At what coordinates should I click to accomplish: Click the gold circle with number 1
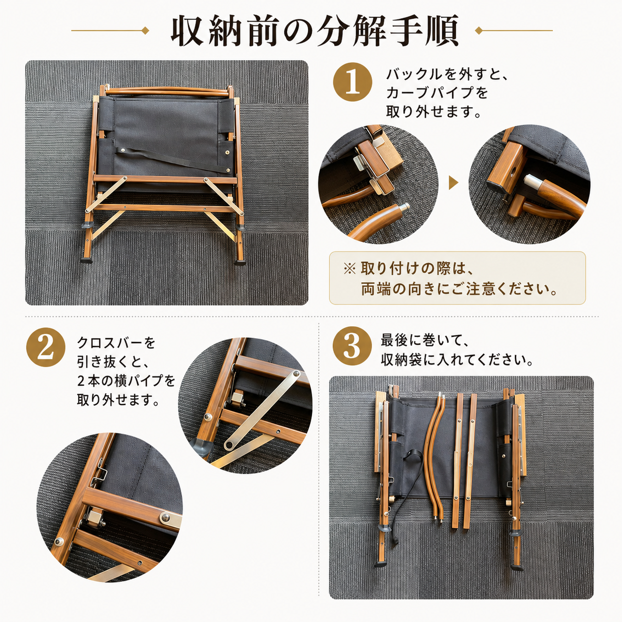[353, 82]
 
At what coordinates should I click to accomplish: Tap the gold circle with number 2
[46, 347]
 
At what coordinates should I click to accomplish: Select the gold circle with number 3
[352, 347]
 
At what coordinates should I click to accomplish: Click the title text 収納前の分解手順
[314, 31]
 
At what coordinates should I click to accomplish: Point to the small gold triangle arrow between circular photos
[453, 183]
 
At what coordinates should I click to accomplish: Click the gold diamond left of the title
[145, 31]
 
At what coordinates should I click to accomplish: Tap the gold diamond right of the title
[479, 31]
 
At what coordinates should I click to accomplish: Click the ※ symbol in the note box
[350, 268]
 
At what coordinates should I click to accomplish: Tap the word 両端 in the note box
[375, 289]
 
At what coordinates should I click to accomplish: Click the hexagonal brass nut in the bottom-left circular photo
[95, 516]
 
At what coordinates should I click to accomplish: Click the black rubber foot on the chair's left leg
[86, 259]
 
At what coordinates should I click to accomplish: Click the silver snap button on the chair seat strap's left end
[124, 150]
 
